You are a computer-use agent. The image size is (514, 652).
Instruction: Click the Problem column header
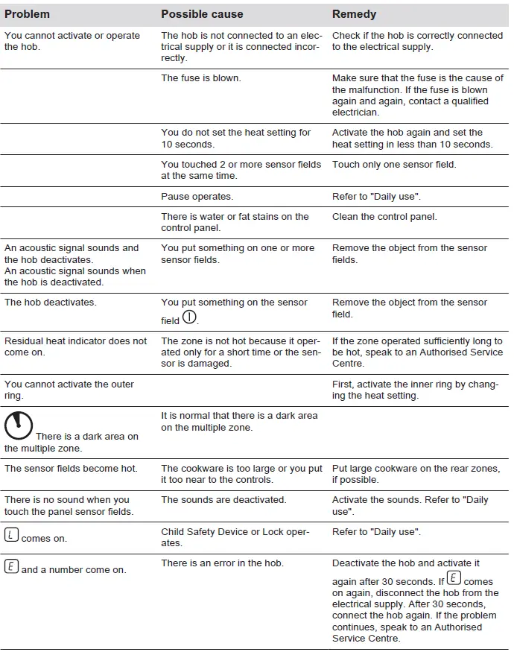[27, 14]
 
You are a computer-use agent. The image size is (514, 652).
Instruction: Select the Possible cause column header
[202, 14]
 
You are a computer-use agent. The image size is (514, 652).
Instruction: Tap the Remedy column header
[354, 14]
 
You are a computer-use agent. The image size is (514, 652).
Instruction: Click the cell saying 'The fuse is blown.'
[201, 77]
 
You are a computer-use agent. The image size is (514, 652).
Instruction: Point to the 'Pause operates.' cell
[197, 197]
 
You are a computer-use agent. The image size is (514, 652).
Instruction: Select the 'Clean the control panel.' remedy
[384, 217]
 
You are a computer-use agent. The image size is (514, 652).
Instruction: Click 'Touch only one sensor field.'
[394, 165]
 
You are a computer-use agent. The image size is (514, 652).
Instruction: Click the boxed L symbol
[11, 534]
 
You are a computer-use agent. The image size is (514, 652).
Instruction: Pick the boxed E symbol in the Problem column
[11, 566]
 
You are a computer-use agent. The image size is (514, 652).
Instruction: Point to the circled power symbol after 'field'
[190, 318]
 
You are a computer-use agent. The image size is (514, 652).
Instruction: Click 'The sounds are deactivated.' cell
[223, 500]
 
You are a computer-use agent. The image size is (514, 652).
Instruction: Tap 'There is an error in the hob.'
[222, 563]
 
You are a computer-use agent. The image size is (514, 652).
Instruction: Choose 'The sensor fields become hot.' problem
[71, 469]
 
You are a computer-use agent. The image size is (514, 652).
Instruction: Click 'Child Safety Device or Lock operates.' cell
[235, 537]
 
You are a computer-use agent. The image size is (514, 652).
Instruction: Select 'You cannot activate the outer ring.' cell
[69, 390]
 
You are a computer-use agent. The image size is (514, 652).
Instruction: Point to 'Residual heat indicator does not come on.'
[75, 346]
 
